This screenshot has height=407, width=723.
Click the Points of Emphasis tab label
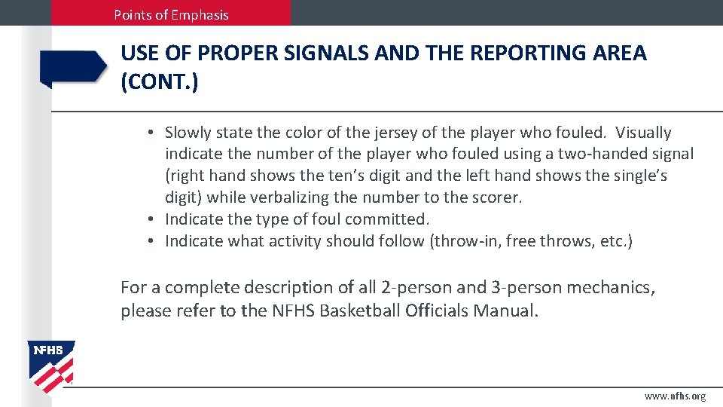[171, 14]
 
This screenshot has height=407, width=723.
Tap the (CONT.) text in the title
[160, 81]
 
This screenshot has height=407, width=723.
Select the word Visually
[643, 133]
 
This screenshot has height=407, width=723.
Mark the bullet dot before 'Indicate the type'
[151, 219]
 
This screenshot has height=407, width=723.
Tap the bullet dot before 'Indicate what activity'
[151, 241]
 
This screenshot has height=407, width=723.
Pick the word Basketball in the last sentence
[358, 311]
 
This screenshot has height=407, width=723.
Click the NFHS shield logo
[51, 366]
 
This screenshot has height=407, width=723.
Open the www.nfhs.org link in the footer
[675, 396]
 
